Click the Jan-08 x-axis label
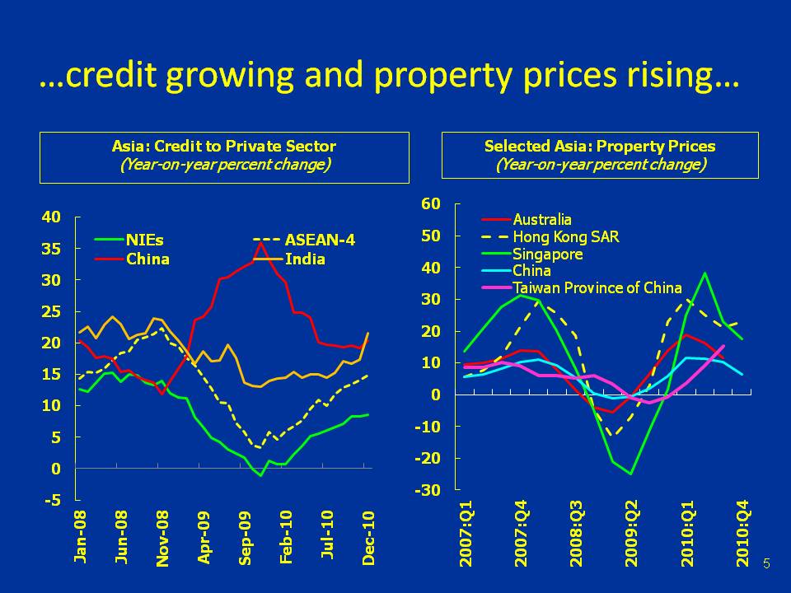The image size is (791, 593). [81, 536]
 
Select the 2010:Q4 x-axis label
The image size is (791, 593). [743, 536]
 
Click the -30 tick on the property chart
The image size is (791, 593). [430, 490]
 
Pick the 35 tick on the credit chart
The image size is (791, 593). [51, 249]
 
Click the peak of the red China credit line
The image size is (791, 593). [261, 242]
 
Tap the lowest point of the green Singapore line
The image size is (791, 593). [631, 474]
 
